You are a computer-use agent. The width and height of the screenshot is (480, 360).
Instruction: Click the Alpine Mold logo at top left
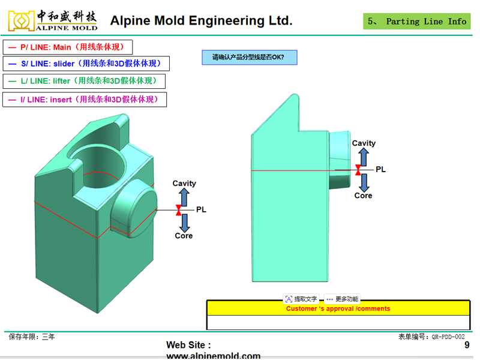tap(53, 20)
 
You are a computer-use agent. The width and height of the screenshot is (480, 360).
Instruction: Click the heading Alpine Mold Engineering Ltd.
tap(201, 21)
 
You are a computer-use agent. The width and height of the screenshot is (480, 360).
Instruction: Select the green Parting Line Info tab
tap(418, 22)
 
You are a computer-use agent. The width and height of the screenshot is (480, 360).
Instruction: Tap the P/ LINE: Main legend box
tap(67, 47)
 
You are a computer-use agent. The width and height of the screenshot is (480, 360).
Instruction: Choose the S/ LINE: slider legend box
tap(86, 64)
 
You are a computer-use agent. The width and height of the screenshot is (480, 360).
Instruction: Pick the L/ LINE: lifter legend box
tap(83, 80)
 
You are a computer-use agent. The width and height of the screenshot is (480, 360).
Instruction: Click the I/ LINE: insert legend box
tap(84, 100)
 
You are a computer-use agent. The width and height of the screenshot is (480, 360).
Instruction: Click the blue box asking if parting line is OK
tap(248, 58)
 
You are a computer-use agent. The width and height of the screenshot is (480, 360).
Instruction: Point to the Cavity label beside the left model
tap(184, 184)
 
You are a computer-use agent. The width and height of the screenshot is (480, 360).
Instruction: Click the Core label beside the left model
tap(184, 236)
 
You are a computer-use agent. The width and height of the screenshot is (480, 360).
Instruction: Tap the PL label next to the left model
tap(201, 210)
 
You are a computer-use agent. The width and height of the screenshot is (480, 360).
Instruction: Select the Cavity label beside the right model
tap(364, 143)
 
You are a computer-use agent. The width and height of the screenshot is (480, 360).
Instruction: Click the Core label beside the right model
tap(363, 196)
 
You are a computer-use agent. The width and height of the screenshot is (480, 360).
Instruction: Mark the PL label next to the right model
tap(380, 170)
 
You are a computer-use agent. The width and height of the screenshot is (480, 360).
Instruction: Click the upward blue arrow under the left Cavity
tap(184, 196)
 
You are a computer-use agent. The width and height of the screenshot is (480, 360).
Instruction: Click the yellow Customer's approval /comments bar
tap(338, 308)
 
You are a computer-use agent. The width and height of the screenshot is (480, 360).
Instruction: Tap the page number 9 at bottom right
tap(467, 346)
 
